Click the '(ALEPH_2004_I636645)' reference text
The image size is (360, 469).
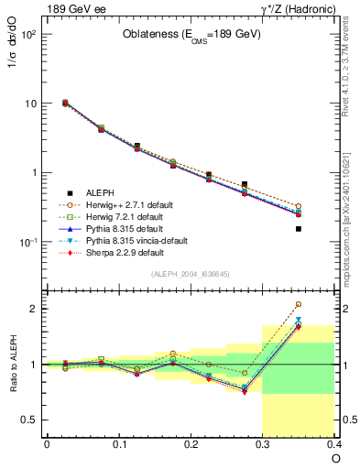pyautogui.click(x=191, y=275)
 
